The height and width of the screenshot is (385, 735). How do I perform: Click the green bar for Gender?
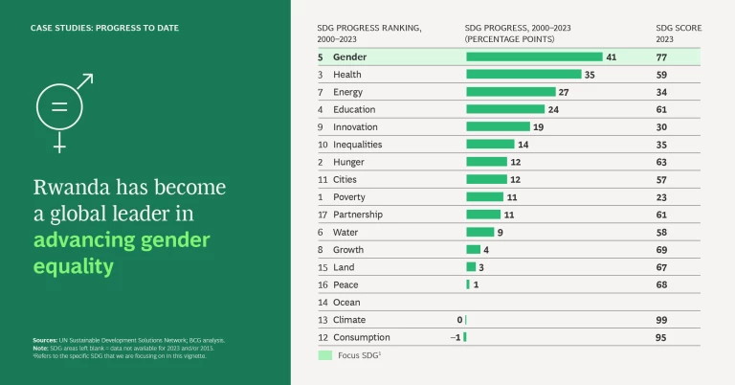[534, 57]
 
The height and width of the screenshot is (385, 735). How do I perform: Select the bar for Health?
[523, 75]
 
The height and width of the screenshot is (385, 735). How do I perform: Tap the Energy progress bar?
[511, 92]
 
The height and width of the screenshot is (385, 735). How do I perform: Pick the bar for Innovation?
[498, 126]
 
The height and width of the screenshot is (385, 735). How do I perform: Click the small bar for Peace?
[468, 284]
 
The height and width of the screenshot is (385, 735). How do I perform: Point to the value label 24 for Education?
[553, 109]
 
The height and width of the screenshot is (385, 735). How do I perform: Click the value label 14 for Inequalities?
[523, 145]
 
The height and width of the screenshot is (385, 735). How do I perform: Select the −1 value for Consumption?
[455, 337]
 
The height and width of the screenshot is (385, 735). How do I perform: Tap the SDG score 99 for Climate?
[661, 320]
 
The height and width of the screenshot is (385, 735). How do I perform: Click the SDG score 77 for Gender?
[661, 57]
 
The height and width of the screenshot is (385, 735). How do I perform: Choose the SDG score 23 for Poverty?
[661, 197]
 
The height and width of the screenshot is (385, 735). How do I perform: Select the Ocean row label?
[346, 303]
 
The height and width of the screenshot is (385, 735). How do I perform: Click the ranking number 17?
[323, 215]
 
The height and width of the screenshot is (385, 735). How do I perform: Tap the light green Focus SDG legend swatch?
[324, 355]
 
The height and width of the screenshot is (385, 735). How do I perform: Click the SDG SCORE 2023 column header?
[678, 34]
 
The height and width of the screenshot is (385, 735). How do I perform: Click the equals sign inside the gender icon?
[59, 108]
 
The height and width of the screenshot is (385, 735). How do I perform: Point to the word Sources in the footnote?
[44, 340]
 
